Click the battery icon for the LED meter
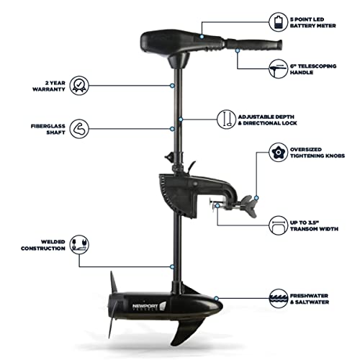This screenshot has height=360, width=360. click(x=276, y=19)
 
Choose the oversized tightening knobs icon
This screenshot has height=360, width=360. click(x=276, y=153)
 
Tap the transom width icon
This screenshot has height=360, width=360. click(x=276, y=222)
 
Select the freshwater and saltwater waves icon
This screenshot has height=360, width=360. click(x=276, y=297)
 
